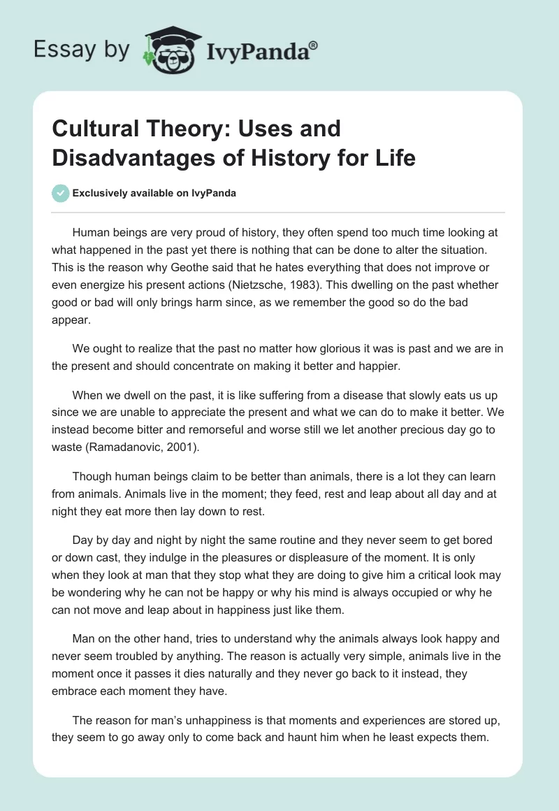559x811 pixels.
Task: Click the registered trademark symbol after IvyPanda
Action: [x=314, y=43]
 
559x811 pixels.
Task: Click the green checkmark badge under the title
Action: [x=61, y=193]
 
